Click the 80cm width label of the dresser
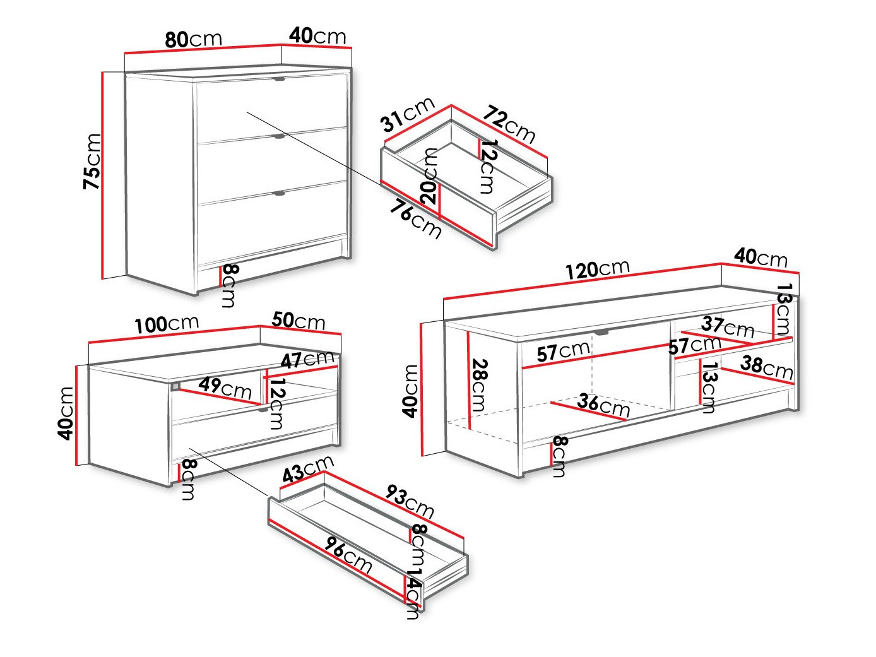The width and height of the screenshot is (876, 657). click(x=193, y=39)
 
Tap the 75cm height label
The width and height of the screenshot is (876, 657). click(x=92, y=161)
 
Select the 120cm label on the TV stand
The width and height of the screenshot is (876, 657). click(x=597, y=269)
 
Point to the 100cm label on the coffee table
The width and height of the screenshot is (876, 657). click(x=167, y=324)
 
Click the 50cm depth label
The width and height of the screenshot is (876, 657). click(x=299, y=321)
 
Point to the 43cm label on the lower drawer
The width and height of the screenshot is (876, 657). click(x=307, y=470)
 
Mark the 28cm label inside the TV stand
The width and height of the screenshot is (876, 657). click(x=480, y=385)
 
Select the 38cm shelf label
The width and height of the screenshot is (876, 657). click(x=767, y=367)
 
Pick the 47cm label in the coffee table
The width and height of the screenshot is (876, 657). click(x=307, y=360)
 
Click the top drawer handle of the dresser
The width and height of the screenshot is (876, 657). click(x=280, y=80)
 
